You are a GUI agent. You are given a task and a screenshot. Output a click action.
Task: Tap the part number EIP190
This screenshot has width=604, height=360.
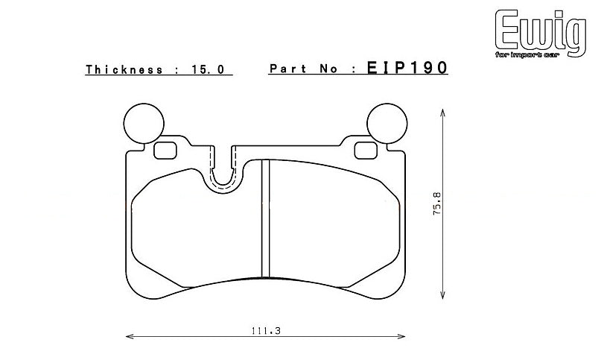[x=407, y=69]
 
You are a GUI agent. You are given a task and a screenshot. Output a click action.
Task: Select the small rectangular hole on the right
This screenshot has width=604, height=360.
[x=365, y=150]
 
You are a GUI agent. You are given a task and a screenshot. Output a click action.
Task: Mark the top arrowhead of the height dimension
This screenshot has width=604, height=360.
[x=444, y=111]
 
